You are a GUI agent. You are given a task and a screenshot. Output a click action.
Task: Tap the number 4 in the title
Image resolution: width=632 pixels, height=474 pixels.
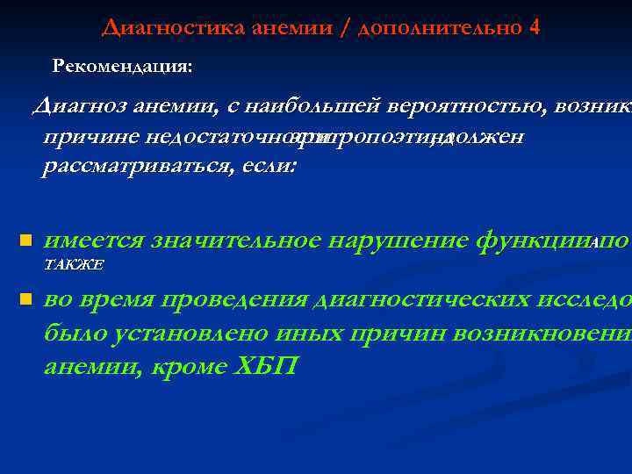[535, 27]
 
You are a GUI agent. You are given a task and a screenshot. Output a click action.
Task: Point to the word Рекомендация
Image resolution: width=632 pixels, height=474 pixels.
[123, 66]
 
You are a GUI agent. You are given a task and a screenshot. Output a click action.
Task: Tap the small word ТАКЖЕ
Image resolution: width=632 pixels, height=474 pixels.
[74, 264]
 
